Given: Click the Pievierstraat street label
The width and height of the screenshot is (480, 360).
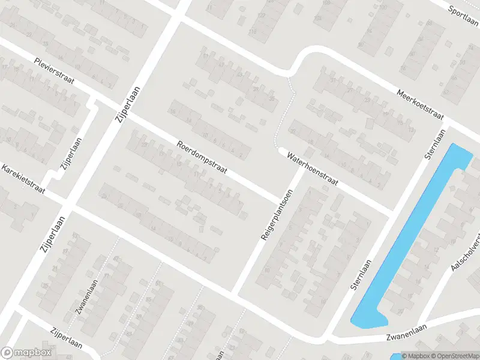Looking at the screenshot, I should click(x=54, y=71).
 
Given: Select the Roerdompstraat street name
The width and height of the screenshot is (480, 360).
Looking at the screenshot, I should click(x=202, y=158).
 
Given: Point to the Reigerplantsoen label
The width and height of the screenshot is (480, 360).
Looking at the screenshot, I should click(x=277, y=215).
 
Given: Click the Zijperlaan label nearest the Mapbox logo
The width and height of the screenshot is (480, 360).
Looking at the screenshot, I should click(x=67, y=339).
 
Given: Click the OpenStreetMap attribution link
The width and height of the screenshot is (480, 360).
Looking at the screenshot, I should click(x=452, y=355).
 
